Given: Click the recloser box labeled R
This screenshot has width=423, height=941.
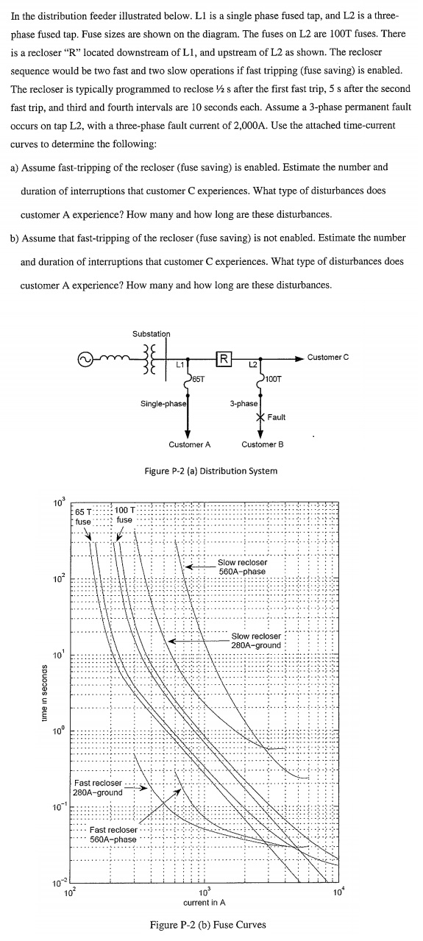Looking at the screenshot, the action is coord(224,359).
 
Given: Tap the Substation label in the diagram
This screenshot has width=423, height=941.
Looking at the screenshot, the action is coord(152,334).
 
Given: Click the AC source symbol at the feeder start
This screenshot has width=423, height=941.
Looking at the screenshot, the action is coord(85,360).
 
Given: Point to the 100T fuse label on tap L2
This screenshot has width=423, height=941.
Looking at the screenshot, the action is coord(273,379).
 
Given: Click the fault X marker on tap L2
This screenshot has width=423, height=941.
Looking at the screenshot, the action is coord(260,417).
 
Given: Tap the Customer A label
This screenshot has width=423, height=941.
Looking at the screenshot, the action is coord(190,444).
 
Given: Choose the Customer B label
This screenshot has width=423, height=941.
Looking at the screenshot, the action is coord(263,444).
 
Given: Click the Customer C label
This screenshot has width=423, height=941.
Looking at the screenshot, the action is coord(328,358).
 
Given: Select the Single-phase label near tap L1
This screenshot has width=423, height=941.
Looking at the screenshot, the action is coord(163,404).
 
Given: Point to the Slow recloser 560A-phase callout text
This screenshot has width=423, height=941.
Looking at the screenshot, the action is coord(242,567).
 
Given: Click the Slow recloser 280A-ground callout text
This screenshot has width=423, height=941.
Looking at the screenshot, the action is coord(256,641).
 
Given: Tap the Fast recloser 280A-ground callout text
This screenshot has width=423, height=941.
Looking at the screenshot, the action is coord(98,788).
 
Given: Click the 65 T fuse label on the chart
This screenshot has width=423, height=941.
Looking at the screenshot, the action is coord(83,516).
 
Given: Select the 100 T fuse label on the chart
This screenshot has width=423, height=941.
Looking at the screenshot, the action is coord(124,515).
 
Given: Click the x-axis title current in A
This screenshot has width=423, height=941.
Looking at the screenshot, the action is coord(205,902).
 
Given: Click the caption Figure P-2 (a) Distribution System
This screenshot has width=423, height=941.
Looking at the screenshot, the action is coord(211,471).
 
